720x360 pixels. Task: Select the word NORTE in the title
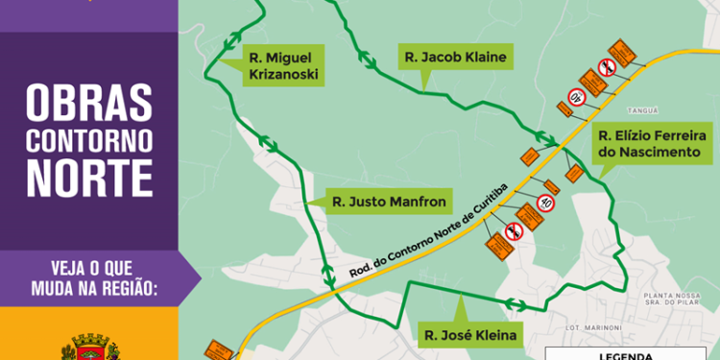(89, 179)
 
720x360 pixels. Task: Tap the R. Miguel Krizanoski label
(281, 65)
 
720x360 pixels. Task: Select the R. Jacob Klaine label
(455, 58)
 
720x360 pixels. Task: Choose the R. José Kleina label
(469, 336)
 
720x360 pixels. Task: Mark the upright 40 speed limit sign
(546, 203)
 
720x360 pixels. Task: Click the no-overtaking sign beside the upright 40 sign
(514, 230)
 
